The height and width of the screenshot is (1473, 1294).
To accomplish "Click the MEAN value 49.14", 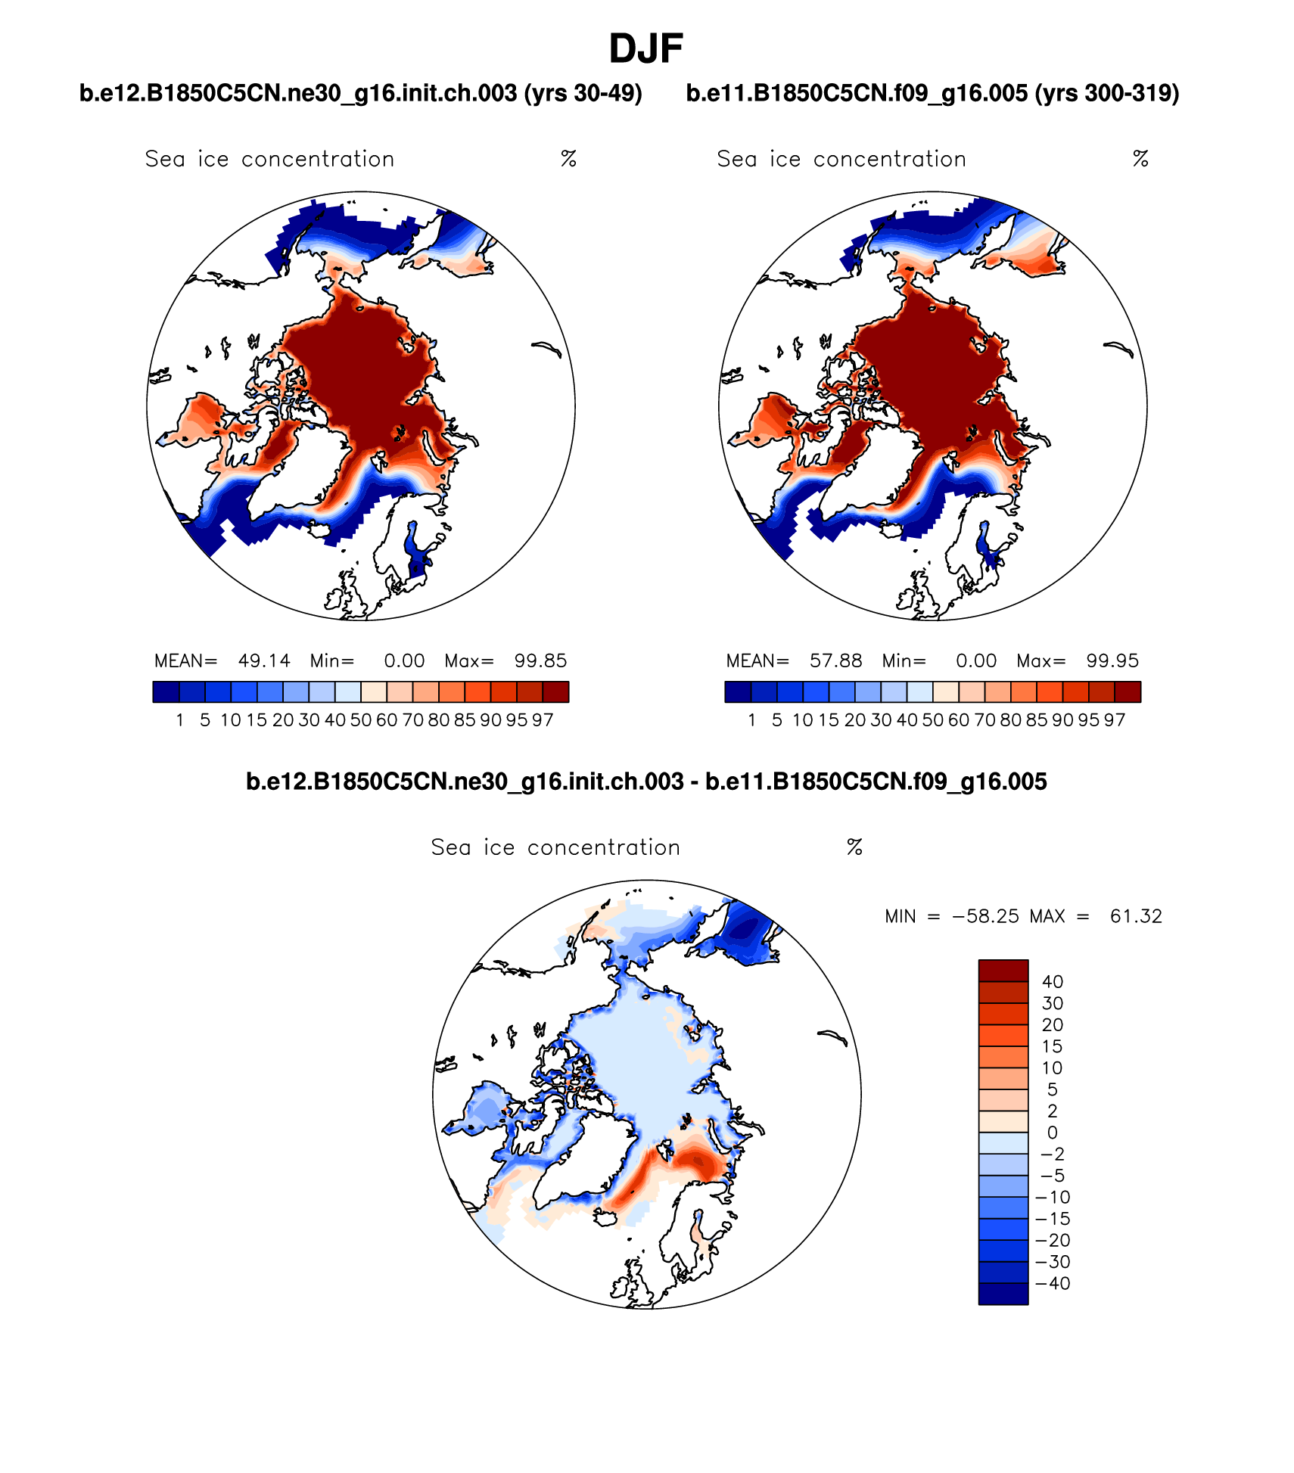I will (x=264, y=660).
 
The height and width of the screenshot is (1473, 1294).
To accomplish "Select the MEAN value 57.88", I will (x=835, y=660).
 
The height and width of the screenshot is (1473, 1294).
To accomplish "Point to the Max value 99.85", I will (x=540, y=660).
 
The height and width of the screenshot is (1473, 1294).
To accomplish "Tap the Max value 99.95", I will (x=1112, y=660).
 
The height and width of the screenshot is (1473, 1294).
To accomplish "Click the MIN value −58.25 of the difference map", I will (x=985, y=916).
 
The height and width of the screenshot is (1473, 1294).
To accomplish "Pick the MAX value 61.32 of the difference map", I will (x=1135, y=916).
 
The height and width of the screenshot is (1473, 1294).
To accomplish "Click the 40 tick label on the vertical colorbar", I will (x=1053, y=982).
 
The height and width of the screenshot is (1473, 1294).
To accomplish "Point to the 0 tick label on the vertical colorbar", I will (x=1053, y=1133).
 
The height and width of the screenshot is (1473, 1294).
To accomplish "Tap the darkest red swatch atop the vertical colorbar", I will (x=1003, y=971).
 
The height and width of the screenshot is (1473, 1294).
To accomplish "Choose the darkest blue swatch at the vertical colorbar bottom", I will (x=1003, y=1294).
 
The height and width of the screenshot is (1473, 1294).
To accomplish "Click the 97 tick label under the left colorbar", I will (x=543, y=720).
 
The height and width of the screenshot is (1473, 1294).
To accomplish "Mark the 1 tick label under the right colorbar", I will (x=751, y=720).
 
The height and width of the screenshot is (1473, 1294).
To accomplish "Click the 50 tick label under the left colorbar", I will (x=361, y=720).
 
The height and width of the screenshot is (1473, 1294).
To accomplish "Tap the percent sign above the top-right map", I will (x=1140, y=159).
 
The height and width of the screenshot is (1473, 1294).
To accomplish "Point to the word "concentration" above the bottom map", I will (x=604, y=847).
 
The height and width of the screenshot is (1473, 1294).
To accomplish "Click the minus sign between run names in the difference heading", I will (x=694, y=782).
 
